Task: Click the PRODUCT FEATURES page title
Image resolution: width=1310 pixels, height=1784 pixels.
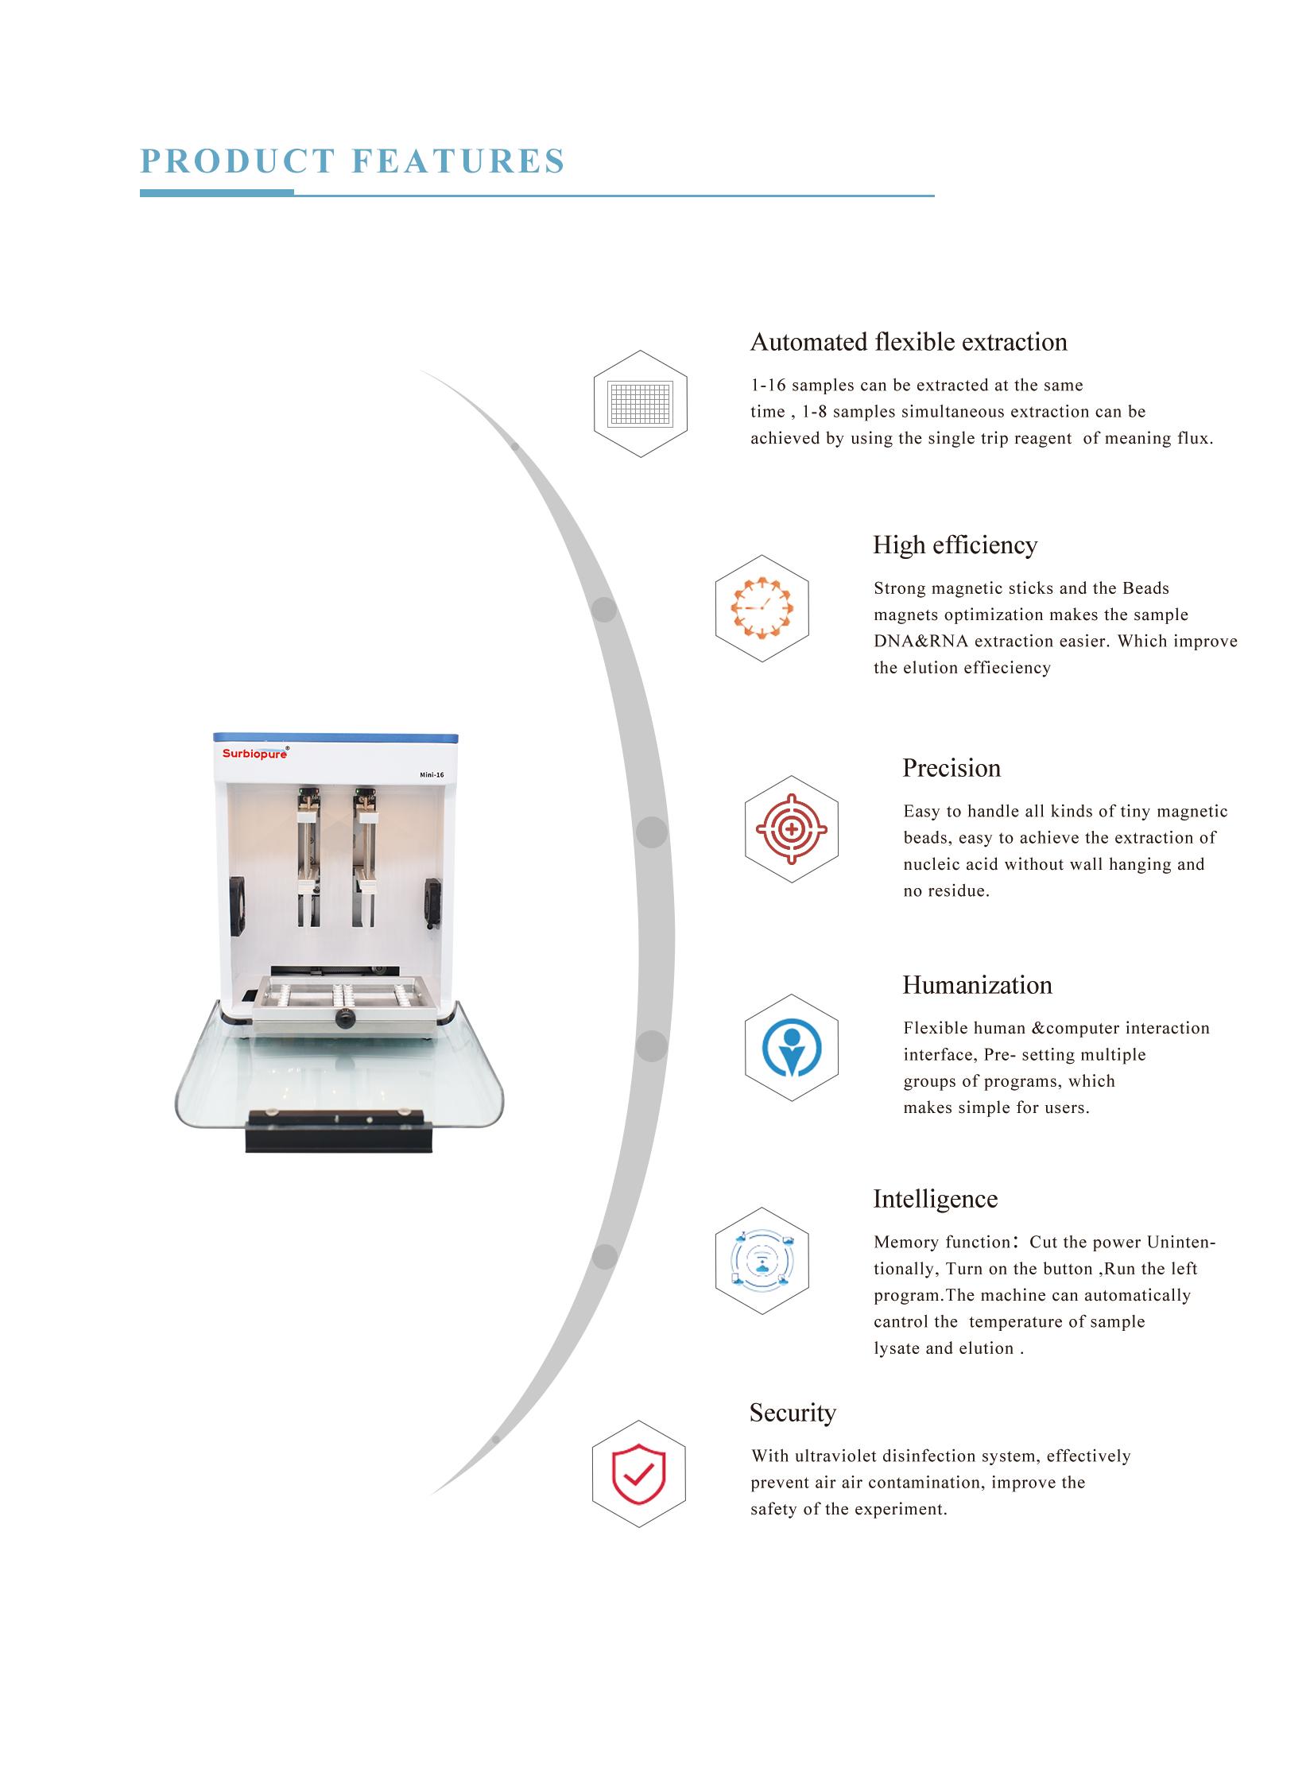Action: tap(352, 161)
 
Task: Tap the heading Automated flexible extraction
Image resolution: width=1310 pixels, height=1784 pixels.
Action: tap(909, 342)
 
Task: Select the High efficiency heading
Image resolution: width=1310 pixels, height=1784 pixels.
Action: tap(955, 545)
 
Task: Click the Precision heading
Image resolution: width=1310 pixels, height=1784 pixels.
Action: tap(951, 768)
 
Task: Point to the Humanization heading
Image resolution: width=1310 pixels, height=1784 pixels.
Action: tap(977, 985)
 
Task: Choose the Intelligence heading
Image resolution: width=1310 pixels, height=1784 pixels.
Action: tap(935, 1199)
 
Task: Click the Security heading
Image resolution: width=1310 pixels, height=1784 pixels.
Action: tap(793, 1413)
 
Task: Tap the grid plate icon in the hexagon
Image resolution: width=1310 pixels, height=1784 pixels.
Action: tap(640, 403)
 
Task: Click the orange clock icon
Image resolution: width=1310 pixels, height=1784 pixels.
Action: tap(762, 608)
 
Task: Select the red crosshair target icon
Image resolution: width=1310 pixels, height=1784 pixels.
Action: tap(792, 829)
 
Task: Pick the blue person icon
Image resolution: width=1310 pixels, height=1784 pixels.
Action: tap(791, 1047)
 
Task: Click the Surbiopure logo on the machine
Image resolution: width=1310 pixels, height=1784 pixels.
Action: tap(255, 753)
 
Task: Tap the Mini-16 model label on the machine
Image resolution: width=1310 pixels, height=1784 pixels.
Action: tap(432, 774)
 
